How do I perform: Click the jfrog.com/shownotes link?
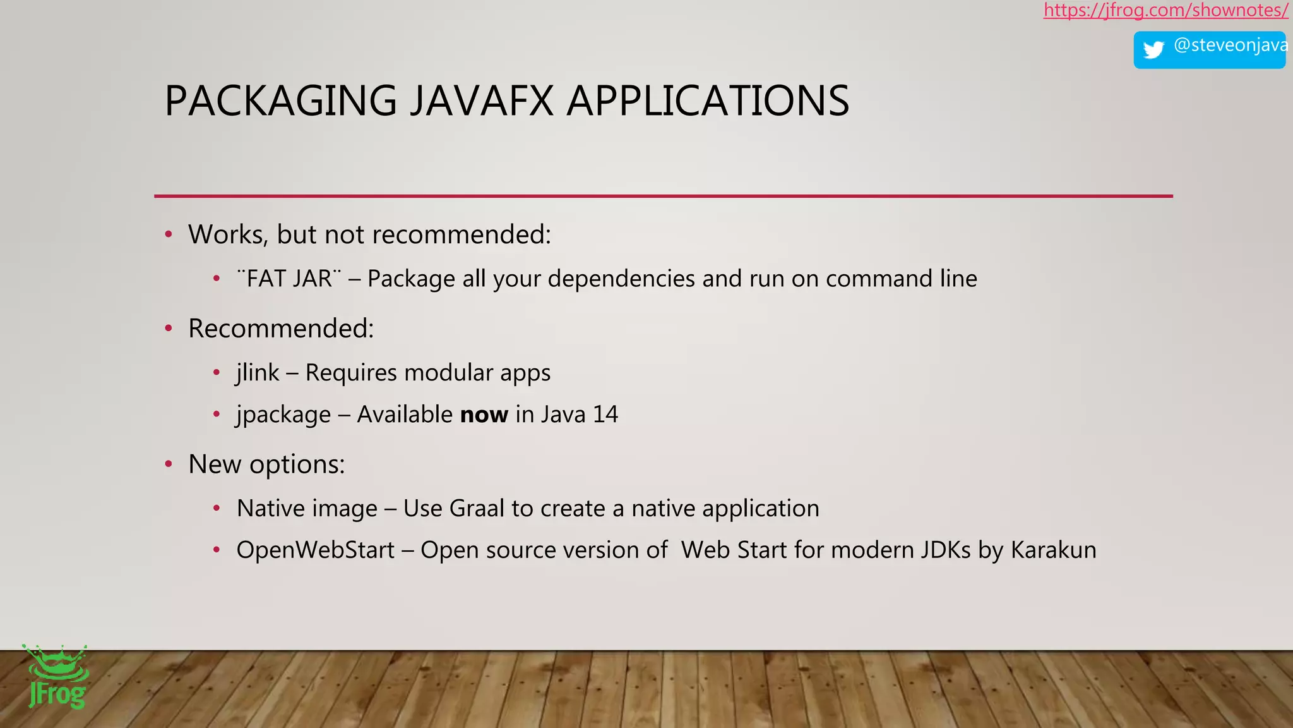[1165, 11]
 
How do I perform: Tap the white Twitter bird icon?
[1153, 49]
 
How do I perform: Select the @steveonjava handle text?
[1230, 45]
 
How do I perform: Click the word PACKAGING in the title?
[280, 101]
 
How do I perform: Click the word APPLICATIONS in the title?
[708, 101]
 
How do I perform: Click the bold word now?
[484, 415]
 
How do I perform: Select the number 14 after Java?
[605, 415]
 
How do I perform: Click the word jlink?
[258, 373]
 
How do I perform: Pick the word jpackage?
[283, 415]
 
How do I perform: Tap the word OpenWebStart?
[315, 550]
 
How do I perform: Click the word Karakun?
[1053, 550]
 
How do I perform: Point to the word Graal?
[476, 509]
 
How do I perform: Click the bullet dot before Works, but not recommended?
[169, 235]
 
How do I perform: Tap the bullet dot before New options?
[169, 465]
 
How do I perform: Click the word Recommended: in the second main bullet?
[281, 329]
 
